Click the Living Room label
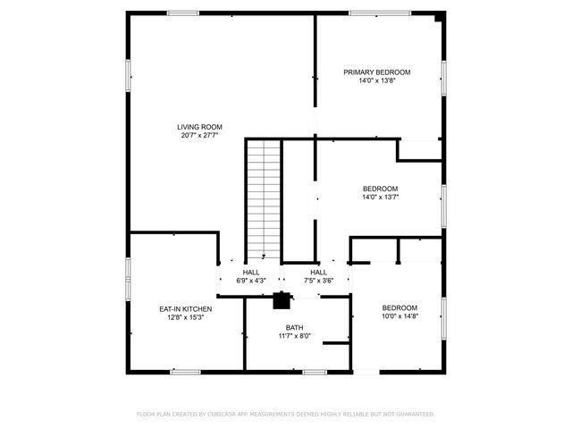[199, 127]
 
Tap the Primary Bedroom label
[376, 71]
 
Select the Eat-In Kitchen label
[185, 308]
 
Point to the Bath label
[294, 327]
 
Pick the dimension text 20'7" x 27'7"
[199, 136]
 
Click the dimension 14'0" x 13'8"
[376, 80]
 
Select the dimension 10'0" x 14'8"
[400, 316]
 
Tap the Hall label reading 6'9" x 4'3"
[251, 273]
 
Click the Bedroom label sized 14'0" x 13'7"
[380, 188]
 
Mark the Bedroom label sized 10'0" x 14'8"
[400, 307]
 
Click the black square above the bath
[282, 300]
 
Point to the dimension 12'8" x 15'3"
[185, 317]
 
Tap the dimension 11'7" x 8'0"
[294, 336]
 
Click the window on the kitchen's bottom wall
[185, 371]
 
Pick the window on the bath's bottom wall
[313, 371]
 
